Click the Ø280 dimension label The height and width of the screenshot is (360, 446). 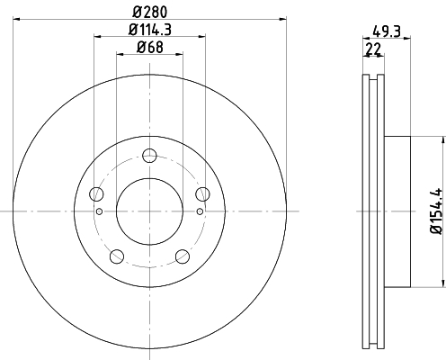[x=149, y=12]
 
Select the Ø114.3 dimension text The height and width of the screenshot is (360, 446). [x=150, y=30]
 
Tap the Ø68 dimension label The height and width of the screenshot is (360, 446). [x=150, y=48]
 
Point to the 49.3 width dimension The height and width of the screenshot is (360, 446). [x=387, y=31]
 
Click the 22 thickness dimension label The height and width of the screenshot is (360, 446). [x=373, y=49]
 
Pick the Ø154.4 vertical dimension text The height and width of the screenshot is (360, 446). [x=436, y=211]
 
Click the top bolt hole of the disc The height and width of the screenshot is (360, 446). [x=149, y=156]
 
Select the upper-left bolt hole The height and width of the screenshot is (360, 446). [x=96, y=193]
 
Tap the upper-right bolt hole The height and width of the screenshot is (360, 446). [x=202, y=193]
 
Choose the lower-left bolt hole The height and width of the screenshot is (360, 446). [x=117, y=256]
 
